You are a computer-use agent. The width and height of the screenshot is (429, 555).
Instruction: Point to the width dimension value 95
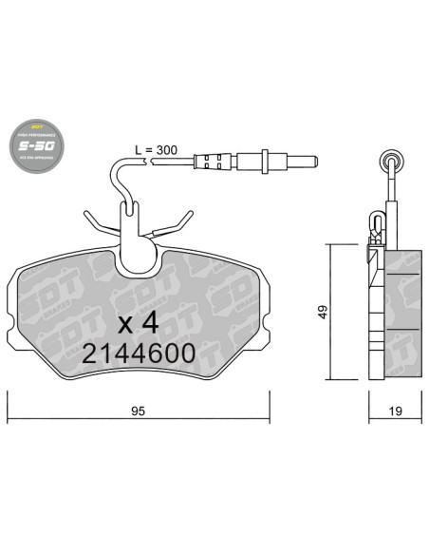point(137,411)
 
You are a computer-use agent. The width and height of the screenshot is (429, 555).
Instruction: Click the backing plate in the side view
point(377,314)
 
